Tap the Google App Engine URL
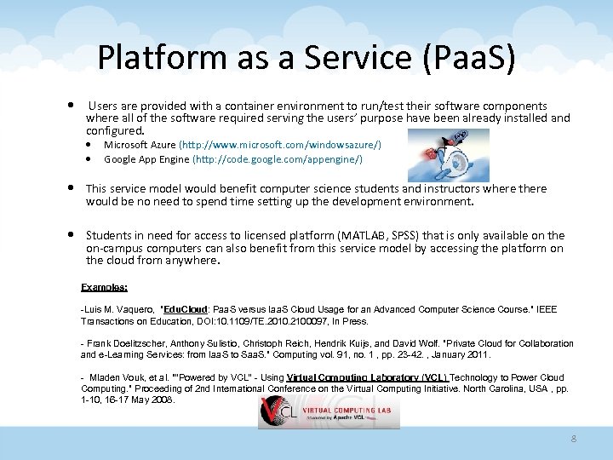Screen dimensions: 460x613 click(x=278, y=159)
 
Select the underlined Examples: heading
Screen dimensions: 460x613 click(x=104, y=288)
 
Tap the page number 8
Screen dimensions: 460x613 click(x=573, y=439)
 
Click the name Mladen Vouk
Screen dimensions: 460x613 click(x=118, y=377)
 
